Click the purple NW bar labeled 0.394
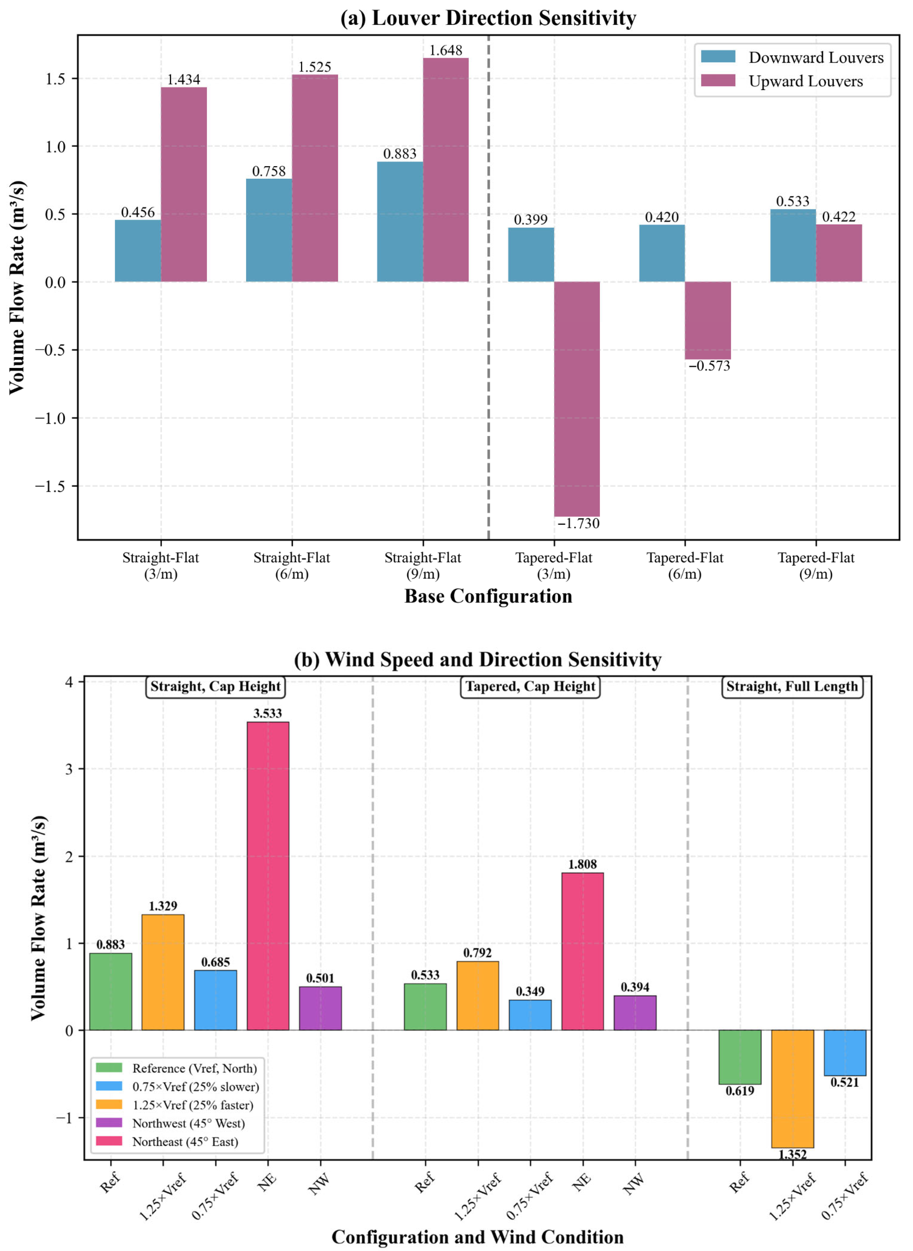635,1013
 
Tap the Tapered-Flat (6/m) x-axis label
685,566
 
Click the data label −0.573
709,366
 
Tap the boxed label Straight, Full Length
792,687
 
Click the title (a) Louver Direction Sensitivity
488,18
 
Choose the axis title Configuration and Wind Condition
477,1237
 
